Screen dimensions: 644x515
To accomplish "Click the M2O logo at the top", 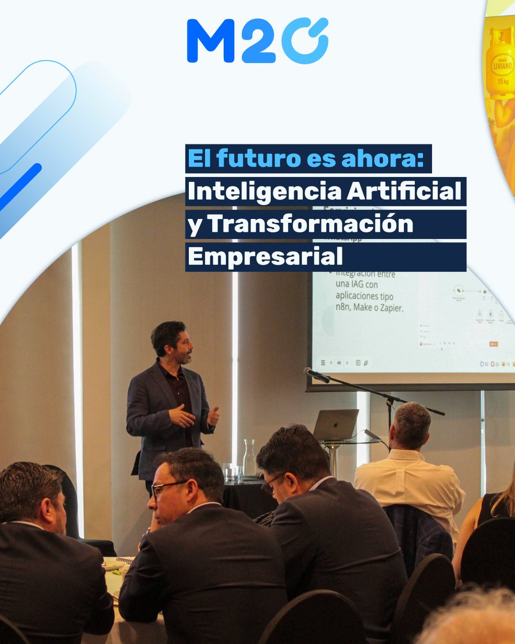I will point(257,41).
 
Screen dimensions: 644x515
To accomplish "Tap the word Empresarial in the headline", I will point(265,257).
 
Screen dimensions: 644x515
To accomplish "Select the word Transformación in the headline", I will point(311,224).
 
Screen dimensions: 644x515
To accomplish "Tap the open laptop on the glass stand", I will point(336,425).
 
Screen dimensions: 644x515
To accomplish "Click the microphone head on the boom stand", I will point(317,375).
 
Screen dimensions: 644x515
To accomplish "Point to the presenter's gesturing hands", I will point(193,416).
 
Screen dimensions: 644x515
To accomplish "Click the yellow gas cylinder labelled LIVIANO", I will point(500,64).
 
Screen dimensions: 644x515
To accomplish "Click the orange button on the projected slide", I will point(494,344).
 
